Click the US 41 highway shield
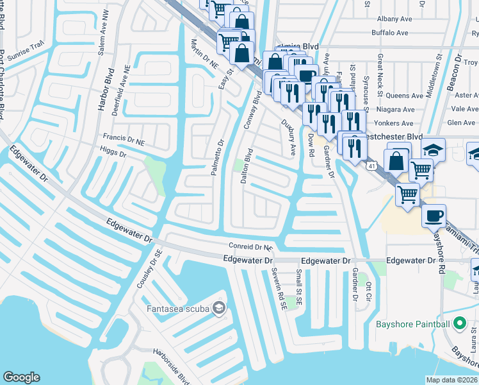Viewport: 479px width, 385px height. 371,166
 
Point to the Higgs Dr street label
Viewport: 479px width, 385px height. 113,151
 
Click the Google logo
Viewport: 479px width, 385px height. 21,377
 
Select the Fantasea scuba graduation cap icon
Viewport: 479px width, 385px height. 219,309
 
